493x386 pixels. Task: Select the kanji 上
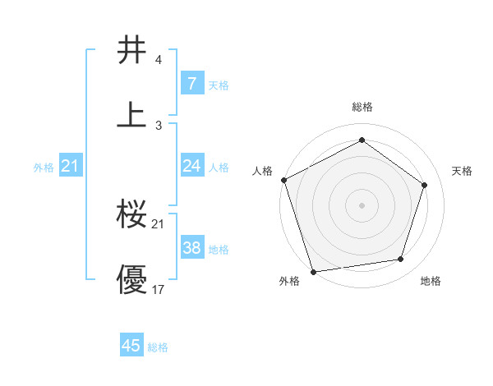(132, 113)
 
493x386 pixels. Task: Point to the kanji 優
(132, 279)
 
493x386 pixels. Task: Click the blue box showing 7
(191, 83)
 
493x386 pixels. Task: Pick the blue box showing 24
(191, 166)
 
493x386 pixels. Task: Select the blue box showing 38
(191, 248)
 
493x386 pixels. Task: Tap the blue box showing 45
(131, 346)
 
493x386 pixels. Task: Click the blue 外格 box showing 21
(71, 166)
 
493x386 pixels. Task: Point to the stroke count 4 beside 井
(158, 61)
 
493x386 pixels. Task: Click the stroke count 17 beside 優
(159, 290)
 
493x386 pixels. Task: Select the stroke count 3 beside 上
(158, 125)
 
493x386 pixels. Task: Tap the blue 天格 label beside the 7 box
(219, 85)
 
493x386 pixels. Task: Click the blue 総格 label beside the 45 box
(158, 347)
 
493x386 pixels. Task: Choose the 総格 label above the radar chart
(362, 107)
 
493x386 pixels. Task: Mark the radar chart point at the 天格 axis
(425, 185)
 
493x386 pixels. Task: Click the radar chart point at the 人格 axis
(283, 180)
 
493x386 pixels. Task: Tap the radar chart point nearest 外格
(313, 271)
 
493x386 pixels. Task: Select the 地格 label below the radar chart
(431, 282)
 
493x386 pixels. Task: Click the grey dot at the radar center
(362, 204)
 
